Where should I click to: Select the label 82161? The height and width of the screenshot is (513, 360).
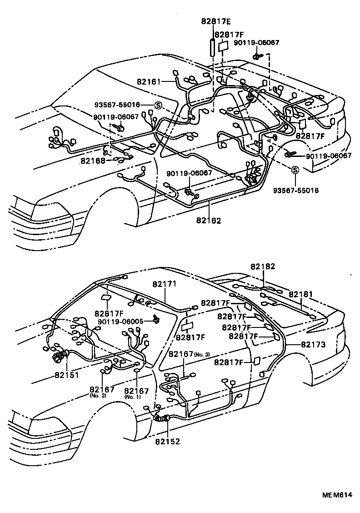click(149, 82)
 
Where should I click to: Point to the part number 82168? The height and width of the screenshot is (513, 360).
click(94, 160)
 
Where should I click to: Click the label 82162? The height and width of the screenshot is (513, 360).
click(209, 221)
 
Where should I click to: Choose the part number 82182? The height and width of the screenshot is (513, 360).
click(263, 267)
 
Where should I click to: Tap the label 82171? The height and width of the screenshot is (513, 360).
click(164, 283)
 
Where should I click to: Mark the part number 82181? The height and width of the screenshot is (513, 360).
click(300, 295)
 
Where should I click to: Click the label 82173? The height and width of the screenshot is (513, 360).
click(313, 345)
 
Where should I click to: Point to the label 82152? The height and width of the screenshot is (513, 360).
click(168, 441)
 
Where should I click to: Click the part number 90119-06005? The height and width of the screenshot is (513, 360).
click(120, 321)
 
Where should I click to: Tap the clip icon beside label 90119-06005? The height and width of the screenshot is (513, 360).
click(156, 319)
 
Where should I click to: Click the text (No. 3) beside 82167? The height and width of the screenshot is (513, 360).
click(202, 354)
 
